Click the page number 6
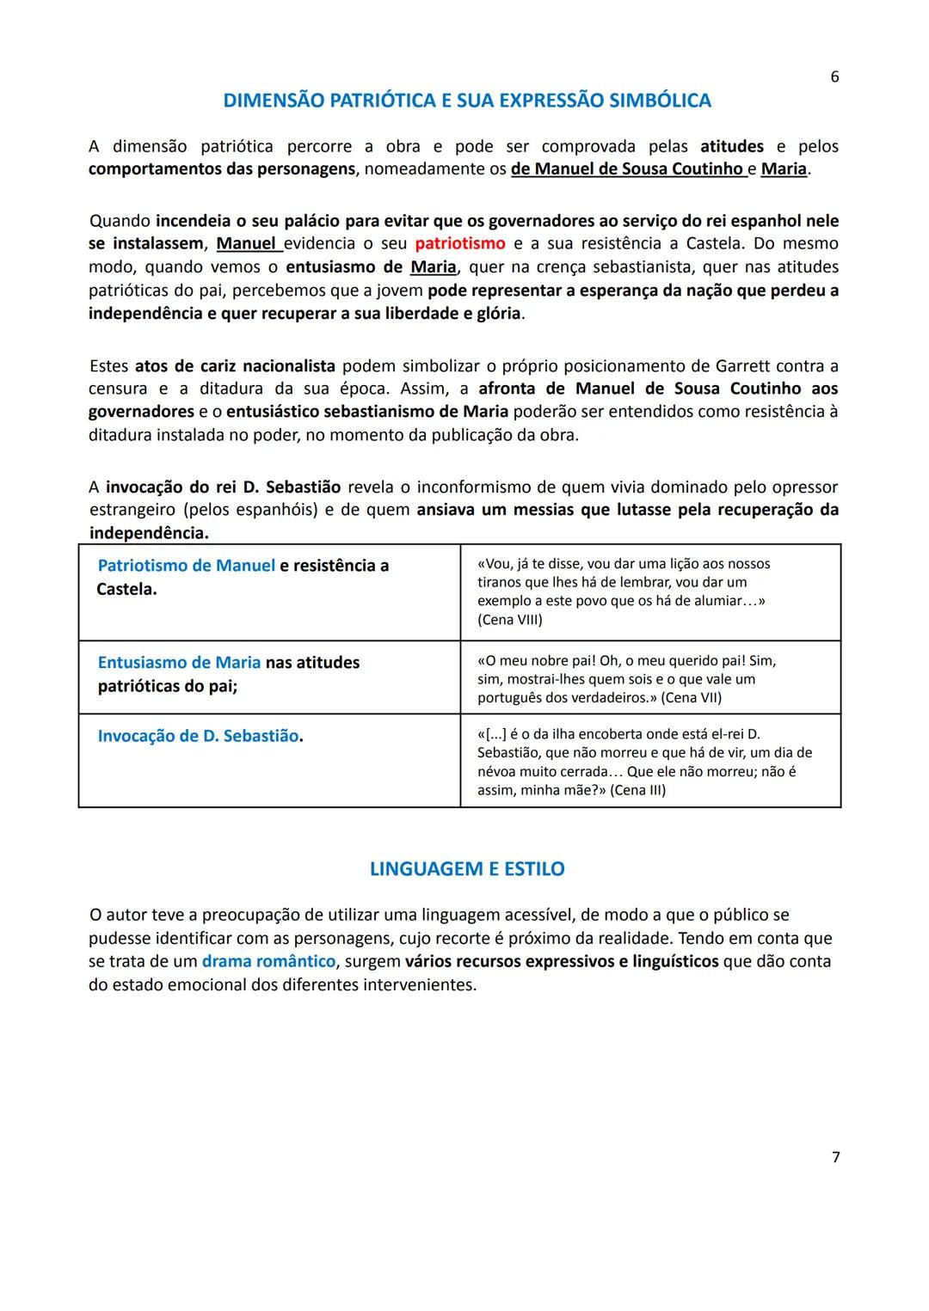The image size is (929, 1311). point(834,77)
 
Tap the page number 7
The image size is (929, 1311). point(835,1157)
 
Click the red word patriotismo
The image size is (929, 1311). point(460,244)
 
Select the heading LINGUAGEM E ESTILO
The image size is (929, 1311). point(467,869)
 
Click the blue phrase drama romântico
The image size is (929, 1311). point(268,961)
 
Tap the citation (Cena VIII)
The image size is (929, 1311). point(510,620)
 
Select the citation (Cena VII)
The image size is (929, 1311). point(692,697)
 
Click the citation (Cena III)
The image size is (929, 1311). point(637,790)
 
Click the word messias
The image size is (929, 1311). point(544,510)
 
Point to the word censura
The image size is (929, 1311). point(118,389)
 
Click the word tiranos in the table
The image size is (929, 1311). point(501,582)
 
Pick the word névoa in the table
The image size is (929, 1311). point(496,771)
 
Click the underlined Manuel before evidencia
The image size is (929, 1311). point(246,244)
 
